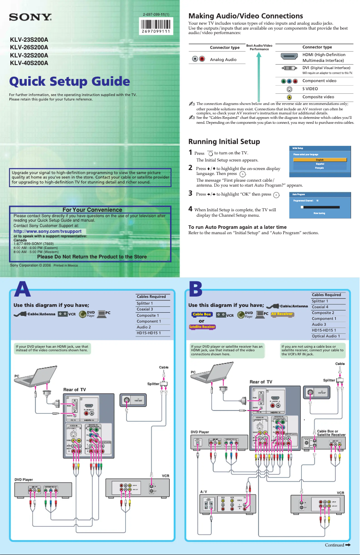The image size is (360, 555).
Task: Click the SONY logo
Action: point(31,19)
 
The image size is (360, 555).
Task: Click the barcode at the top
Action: point(156,25)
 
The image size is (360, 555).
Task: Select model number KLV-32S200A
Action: point(29,55)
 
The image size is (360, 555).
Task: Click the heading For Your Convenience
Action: point(92,210)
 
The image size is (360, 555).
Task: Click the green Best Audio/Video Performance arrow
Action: point(259,74)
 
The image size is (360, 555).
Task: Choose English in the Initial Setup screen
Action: point(320,159)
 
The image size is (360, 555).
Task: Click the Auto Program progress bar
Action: point(320,208)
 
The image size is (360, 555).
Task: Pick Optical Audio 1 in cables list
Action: point(325,336)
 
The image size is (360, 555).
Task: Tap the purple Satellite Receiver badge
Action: point(202,327)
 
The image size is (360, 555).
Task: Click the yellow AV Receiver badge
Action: point(282,314)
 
